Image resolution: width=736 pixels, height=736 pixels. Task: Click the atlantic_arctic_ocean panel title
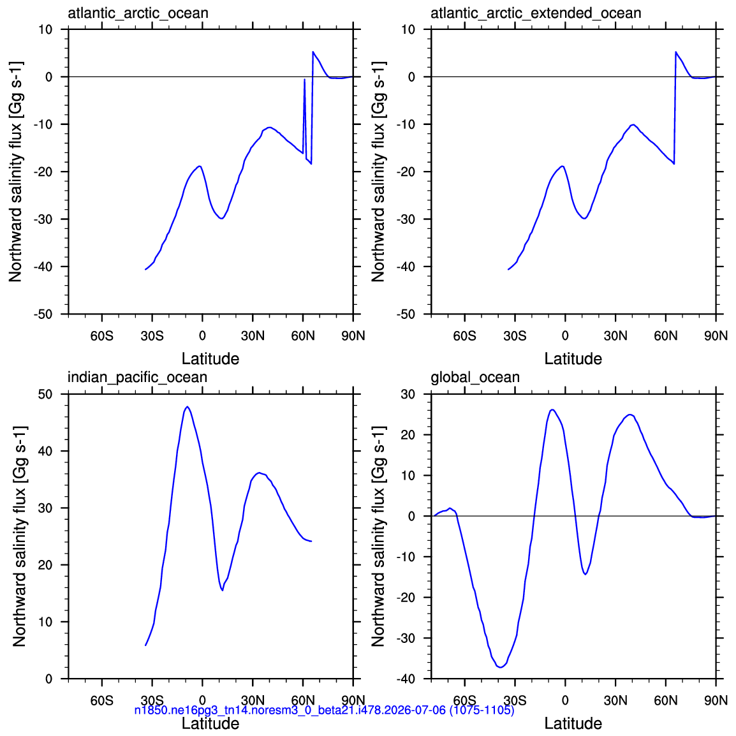coord(138,13)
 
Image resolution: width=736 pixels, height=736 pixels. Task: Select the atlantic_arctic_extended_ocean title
coord(536,13)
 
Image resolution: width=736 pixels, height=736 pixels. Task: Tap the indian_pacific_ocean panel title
coord(137,378)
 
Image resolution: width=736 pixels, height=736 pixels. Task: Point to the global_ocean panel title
coord(475,378)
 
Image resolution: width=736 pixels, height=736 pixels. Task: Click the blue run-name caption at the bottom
coord(325,710)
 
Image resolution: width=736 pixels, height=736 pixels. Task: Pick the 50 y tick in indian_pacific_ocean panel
coord(45,394)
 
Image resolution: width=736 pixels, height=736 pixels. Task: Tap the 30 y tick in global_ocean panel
coord(408,394)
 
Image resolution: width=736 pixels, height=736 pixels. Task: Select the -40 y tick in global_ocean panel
coord(406,679)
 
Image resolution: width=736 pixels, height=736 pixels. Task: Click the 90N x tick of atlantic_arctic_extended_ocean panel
coord(716,336)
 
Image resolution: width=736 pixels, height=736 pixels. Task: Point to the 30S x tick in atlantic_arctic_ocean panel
coord(152,336)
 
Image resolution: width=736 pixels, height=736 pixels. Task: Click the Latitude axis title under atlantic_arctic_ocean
coord(210,358)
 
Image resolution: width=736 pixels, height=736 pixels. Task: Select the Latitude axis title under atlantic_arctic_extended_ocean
coord(573,358)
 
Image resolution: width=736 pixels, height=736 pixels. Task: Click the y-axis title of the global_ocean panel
coord(378,536)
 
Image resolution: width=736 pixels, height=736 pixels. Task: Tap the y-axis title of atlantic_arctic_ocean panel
coord(15,172)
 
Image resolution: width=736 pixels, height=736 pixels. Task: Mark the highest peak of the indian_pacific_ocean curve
coord(188,407)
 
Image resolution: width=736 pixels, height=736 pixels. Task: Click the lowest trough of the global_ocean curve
coord(501,667)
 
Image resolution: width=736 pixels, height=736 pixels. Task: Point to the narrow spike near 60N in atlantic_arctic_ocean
coord(305,80)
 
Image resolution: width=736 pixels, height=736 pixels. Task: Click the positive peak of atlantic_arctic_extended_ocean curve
coord(676,52)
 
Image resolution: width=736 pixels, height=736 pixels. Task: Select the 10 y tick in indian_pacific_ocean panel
coord(45,622)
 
